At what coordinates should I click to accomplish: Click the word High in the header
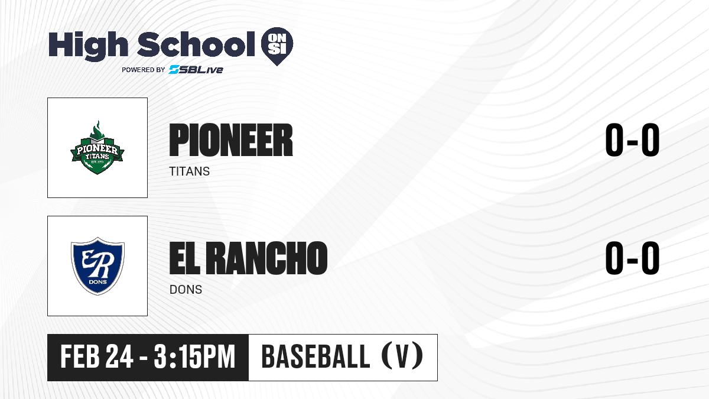point(88,46)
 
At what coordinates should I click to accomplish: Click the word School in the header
point(196,44)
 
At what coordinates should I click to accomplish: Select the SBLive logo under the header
point(196,70)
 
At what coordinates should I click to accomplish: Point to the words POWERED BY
point(144,70)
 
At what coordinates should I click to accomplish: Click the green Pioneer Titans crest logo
point(97,147)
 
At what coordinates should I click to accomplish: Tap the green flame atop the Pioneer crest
point(97,130)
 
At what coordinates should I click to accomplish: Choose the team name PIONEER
point(231,140)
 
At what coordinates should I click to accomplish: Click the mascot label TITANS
point(189,171)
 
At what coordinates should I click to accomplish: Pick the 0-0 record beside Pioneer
point(632,140)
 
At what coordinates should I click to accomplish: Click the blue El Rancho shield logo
point(97,266)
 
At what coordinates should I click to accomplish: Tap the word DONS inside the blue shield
point(98,282)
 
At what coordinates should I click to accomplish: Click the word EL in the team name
point(184,258)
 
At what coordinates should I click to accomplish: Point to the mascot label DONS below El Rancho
point(186,290)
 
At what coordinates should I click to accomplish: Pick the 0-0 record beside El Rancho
point(632,258)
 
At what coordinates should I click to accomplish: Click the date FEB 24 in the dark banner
point(97,356)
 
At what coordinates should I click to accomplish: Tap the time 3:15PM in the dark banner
point(194,356)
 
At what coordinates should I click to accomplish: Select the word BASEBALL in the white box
point(316,356)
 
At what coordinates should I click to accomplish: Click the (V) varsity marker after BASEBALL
point(402,356)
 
